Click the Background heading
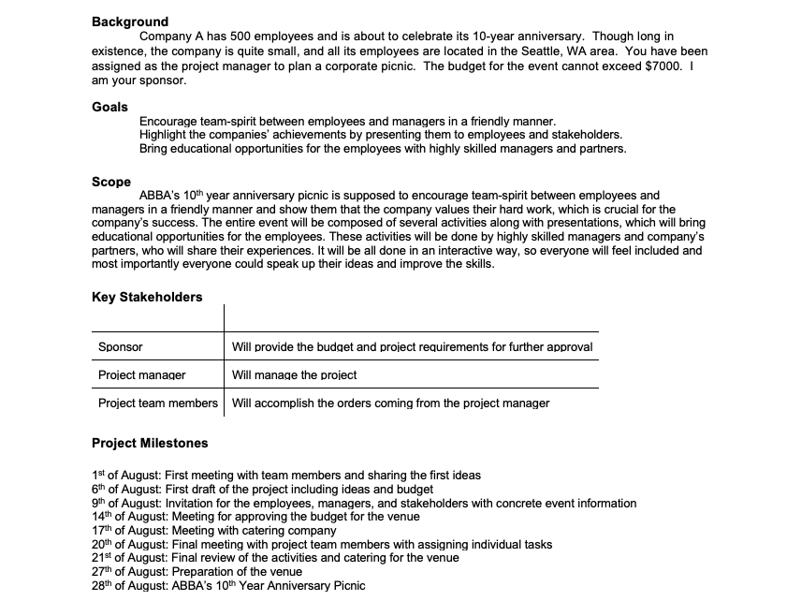(x=130, y=22)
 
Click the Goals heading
(x=109, y=107)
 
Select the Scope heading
(x=111, y=182)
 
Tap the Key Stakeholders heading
(x=147, y=297)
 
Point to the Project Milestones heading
(x=150, y=443)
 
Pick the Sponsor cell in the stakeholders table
(x=121, y=347)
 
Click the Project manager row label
(x=142, y=375)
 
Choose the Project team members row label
(x=158, y=403)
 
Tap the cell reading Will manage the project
(x=294, y=375)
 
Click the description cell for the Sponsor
(x=412, y=347)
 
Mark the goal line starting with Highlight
(x=380, y=135)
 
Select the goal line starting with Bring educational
(x=383, y=149)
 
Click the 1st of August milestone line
(x=286, y=476)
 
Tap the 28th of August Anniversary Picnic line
(x=228, y=586)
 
